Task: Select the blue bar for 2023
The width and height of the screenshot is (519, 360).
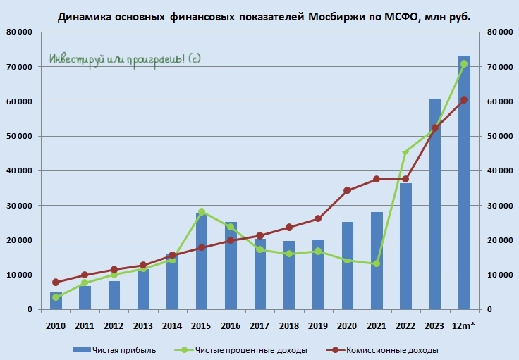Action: [435, 204]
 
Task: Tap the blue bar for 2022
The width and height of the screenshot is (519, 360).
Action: [405, 247]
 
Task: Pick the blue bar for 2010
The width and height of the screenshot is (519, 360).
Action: [56, 302]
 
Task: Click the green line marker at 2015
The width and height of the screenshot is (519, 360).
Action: [202, 211]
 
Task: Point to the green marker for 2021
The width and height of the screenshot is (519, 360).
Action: [377, 263]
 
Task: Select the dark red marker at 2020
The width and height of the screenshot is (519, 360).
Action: [347, 190]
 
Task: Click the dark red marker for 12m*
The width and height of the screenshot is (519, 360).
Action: [464, 100]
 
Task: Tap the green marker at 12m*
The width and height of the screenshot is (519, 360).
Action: [464, 64]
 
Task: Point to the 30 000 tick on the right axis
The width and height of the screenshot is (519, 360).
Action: [498, 206]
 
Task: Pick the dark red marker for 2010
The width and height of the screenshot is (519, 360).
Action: [56, 283]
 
